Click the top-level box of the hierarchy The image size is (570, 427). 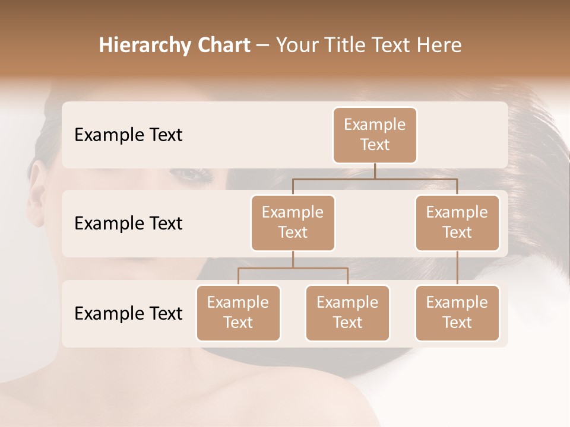375,135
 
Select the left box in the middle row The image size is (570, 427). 293,222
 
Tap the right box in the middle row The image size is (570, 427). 457,222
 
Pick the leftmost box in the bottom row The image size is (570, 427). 238,313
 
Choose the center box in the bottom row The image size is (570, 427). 347,313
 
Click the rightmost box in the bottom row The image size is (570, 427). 457,313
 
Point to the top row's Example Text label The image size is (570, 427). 128,135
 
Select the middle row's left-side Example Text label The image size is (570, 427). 128,224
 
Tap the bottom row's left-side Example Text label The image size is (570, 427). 128,314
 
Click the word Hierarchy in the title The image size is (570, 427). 144,46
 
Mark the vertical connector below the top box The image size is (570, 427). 375,171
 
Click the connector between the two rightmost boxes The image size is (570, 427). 457,268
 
